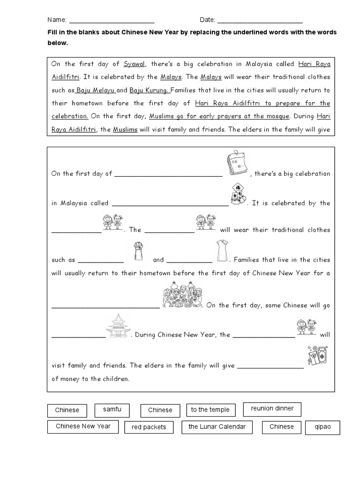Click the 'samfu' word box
click(112, 410)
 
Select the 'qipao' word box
click(322, 427)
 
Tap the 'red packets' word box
click(149, 427)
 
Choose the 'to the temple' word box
click(210, 410)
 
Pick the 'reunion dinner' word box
click(272, 409)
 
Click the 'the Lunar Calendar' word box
click(217, 427)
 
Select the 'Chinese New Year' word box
click(83, 427)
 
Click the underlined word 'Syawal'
click(135, 64)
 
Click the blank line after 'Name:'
click(112, 21)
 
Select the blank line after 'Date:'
click(260, 21)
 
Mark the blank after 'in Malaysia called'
click(170, 203)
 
